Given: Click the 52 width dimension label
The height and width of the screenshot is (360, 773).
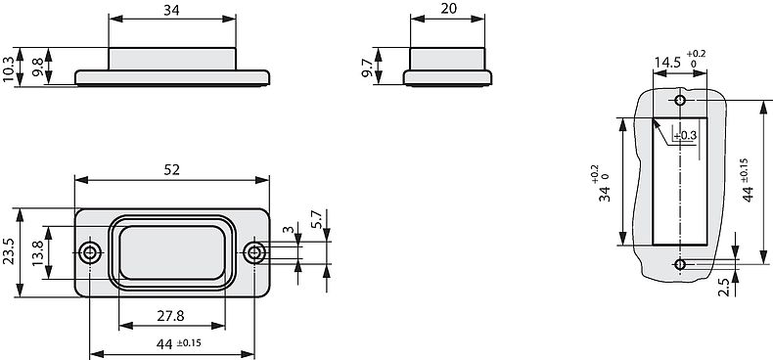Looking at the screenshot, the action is click(171, 169).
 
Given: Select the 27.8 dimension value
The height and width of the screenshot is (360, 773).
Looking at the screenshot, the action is click(170, 316).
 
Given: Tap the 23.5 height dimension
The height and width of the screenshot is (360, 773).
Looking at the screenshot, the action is click(8, 252).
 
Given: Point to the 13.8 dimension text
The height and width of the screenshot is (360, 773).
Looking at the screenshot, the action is click(37, 252).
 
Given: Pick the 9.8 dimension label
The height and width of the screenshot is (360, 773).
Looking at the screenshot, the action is click(37, 67).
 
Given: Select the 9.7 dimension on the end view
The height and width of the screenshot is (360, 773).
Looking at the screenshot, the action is click(367, 67).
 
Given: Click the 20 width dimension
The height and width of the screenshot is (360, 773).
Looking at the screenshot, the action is click(448, 9).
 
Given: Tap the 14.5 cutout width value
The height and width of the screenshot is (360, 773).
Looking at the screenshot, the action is click(667, 63).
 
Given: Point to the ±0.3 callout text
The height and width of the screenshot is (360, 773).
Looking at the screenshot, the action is click(685, 135).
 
